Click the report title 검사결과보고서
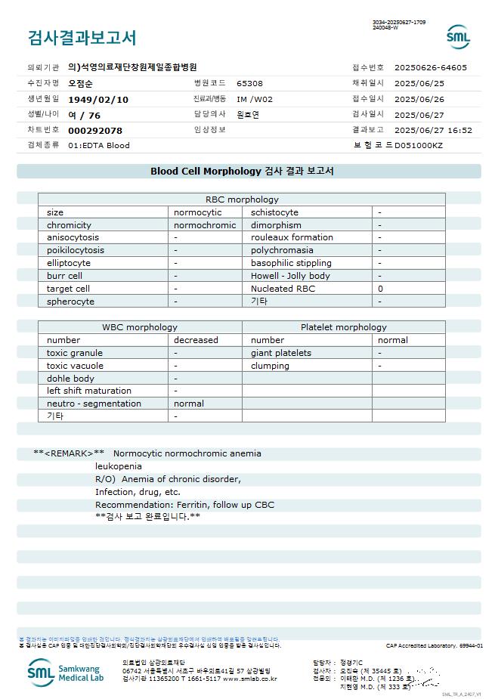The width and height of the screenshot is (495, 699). coord(82,38)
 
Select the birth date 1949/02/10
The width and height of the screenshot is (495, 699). coord(98,99)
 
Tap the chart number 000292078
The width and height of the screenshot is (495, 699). coord(95,131)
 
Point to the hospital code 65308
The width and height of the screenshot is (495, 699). coord(249,84)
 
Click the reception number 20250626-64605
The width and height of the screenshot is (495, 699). coord(431,67)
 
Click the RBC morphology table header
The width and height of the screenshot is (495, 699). coord(242,199)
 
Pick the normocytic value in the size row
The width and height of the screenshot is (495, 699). coord(198,212)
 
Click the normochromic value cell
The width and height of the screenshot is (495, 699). coord(205,225)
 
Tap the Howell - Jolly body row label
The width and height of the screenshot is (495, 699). coord(290,276)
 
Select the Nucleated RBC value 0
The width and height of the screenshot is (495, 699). coord(380,289)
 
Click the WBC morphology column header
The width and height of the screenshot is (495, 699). coord(140,327)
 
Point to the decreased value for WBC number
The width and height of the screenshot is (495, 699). coord(196,340)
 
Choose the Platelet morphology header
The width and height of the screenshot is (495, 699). coord(343,327)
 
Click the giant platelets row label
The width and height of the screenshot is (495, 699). coord(281,353)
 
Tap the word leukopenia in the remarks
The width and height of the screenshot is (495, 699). coord(118,466)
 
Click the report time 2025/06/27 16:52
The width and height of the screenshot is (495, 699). coord(433,130)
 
